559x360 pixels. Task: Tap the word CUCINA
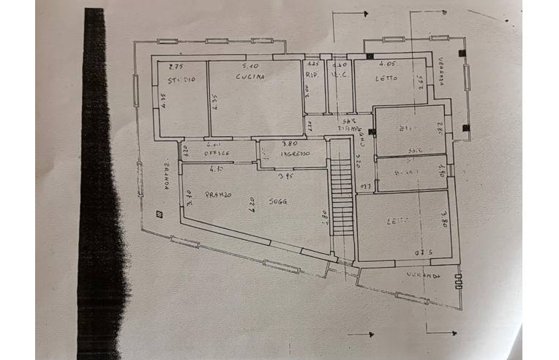tap(250, 76)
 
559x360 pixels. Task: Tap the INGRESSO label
tap(293, 154)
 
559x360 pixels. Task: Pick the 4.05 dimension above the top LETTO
tap(388, 65)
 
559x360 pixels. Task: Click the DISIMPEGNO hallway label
tap(350, 130)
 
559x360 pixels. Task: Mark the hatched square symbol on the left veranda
tap(158, 214)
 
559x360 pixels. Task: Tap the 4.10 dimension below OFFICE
tap(215, 169)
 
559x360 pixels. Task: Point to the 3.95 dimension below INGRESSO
tap(286, 176)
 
